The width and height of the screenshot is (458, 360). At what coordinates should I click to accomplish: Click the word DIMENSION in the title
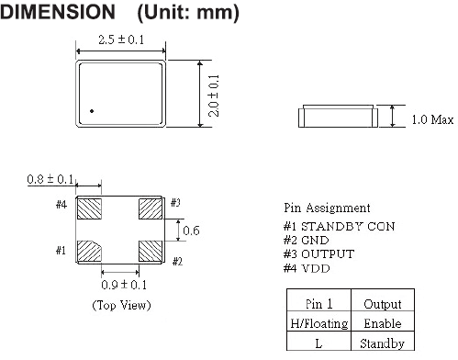(x=57, y=14)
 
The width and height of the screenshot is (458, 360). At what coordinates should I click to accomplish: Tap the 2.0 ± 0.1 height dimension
(x=213, y=95)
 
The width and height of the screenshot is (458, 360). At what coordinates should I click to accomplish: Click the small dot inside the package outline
(x=92, y=112)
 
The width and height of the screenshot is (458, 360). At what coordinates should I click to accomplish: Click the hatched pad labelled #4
(x=88, y=209)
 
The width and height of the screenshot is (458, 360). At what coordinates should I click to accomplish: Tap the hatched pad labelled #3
(x=151, y=209)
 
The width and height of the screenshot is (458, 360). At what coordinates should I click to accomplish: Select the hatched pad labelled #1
(x=88, y=251)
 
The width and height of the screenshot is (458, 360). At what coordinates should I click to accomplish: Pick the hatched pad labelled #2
(x=151, y=251)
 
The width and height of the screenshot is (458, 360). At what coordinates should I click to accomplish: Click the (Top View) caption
(x=121, y=305)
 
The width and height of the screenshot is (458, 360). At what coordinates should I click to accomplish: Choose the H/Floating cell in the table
(x=315, y=323)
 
